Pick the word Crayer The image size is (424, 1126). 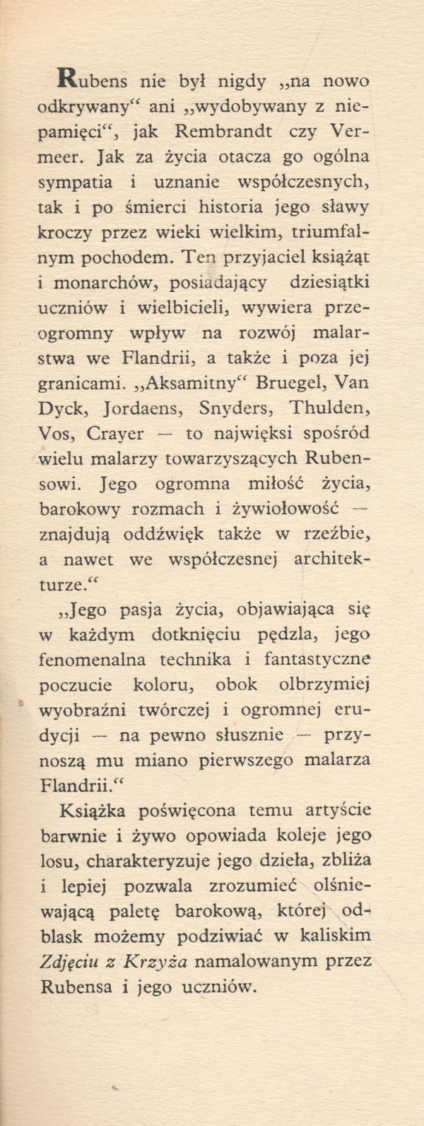(118, 434)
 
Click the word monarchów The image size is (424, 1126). (102, 282)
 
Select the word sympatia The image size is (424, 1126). (76, 182)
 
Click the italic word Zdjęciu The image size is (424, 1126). (70, 962)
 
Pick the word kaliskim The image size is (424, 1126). (336, 936)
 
